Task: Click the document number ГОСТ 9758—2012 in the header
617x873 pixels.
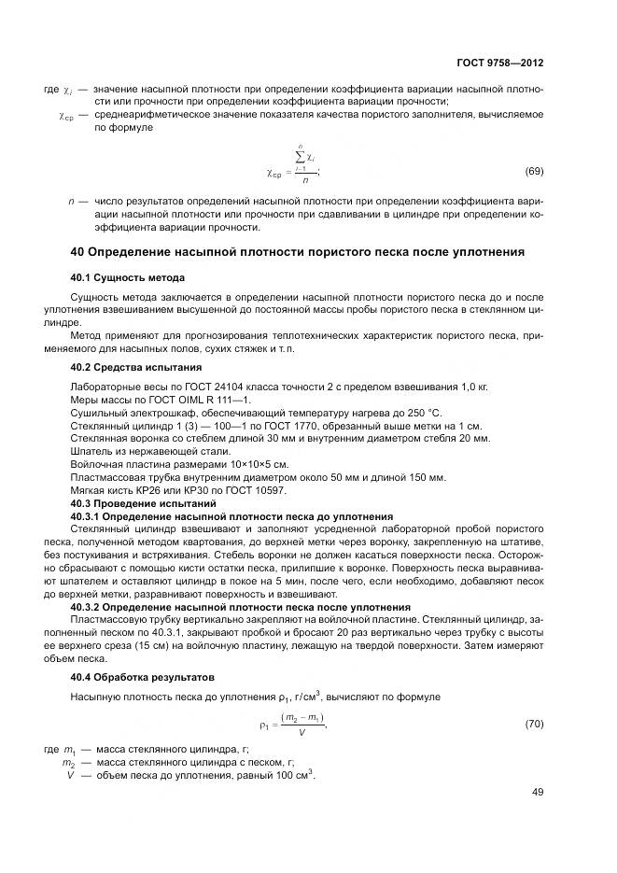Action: click(501, 63)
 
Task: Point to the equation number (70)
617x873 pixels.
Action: click(535, 723)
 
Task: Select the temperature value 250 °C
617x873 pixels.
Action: click(424, 413)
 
